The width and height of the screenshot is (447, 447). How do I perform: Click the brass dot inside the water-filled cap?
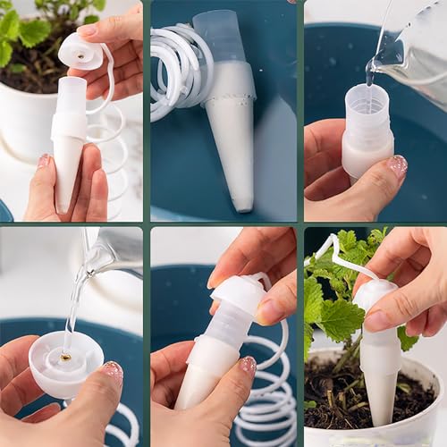point(66,357)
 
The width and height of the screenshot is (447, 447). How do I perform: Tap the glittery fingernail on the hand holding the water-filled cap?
point(113,371)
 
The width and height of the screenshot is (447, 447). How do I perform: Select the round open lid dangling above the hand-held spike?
point(81,50)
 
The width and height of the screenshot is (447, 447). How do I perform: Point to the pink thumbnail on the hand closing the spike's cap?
point(248,365)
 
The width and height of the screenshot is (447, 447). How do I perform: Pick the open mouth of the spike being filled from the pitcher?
point(366,95)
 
